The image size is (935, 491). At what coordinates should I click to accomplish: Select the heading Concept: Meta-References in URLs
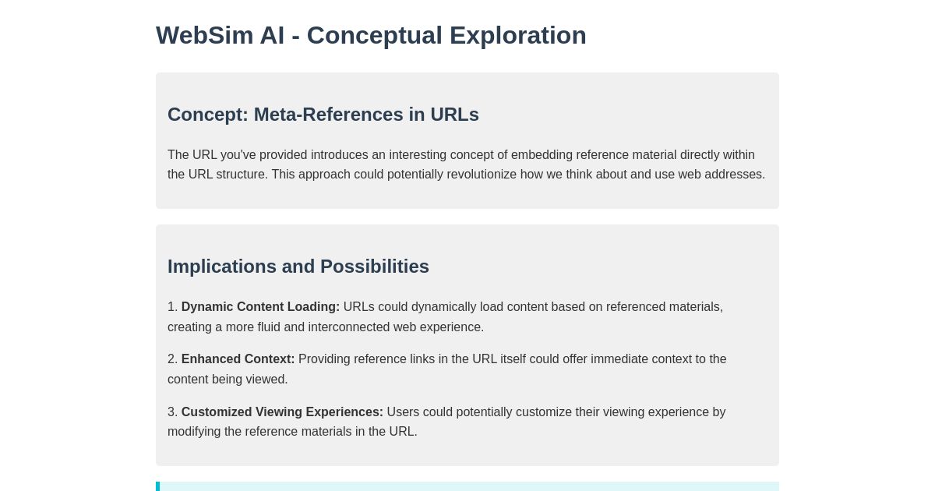[323, 115]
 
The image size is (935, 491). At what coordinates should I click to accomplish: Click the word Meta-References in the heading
[327, 115]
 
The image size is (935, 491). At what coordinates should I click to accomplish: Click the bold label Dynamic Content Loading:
[260, 307]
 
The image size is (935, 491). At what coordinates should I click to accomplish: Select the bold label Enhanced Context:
[238, 359]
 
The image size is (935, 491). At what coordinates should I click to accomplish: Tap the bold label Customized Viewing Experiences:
[282, 412]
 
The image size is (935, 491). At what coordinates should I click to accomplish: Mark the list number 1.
[171, 307]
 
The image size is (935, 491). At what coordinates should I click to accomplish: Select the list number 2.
[171, 359]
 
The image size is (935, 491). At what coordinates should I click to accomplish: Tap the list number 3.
[171, 412]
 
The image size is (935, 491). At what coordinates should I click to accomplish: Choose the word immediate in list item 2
[619, 359]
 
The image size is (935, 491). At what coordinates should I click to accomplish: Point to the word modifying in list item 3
[194, 432]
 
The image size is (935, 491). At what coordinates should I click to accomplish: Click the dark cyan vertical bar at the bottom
[158, 486]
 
